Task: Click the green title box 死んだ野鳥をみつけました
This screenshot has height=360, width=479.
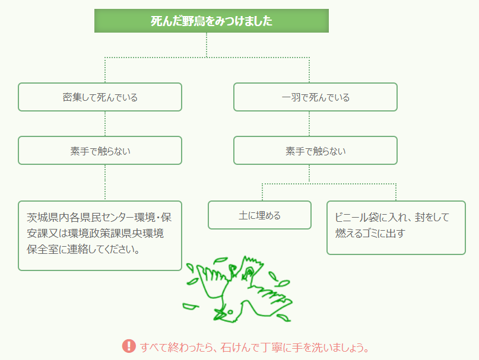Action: coord(211,21)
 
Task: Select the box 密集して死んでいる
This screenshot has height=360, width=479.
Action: coord(100,97)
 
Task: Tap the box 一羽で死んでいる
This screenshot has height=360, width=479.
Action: coord(315,97)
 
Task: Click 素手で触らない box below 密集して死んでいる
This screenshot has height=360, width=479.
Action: coord(100,151)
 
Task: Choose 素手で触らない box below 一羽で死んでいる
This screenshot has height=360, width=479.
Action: coord(315,151)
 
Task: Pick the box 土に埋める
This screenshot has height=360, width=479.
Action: coord(259,215)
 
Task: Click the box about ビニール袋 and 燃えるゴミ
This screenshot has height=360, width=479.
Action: coord(396,228)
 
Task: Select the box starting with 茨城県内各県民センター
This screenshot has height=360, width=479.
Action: coord(100,235)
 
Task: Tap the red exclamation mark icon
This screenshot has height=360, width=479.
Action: coord(129,346)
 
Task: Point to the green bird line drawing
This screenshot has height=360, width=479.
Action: coord(237,289)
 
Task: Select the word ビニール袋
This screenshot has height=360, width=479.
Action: coord(357,217)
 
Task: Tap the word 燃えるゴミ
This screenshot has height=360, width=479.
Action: coord(357,233)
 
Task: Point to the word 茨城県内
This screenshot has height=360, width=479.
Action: coord(48,217)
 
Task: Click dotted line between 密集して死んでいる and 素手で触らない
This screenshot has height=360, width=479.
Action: coord(105,124)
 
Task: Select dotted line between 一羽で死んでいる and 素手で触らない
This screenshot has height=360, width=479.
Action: coord(309,124)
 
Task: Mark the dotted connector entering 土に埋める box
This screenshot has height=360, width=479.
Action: coord(262,192)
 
